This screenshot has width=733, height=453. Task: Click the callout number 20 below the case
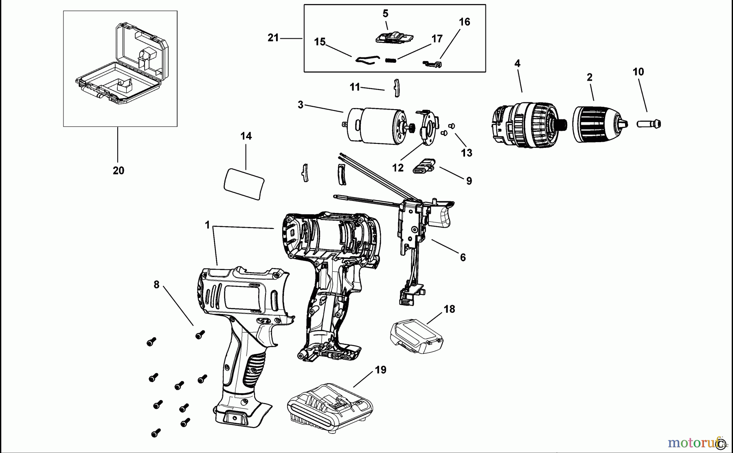pyautogui.click(x=119, y=171)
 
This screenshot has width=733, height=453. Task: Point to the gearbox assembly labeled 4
pyautogui.click(x=523, y=125)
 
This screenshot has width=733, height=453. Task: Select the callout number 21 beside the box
pyautogui.click(x=273, y=38)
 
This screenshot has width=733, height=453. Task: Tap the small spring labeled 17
pyautogui.click(x=391, y=60)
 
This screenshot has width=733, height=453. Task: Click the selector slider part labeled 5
pyautogui.click(x=393, y=37)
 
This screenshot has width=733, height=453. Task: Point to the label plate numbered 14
pyautogui.click(x=244, y=183)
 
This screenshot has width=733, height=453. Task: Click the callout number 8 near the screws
pyautogui.click(x=156, y=285)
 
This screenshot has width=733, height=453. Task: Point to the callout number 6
pyautogui.click(x=463, y=257)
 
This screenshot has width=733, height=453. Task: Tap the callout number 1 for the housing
pyautogui.click(x=207, y=224)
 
